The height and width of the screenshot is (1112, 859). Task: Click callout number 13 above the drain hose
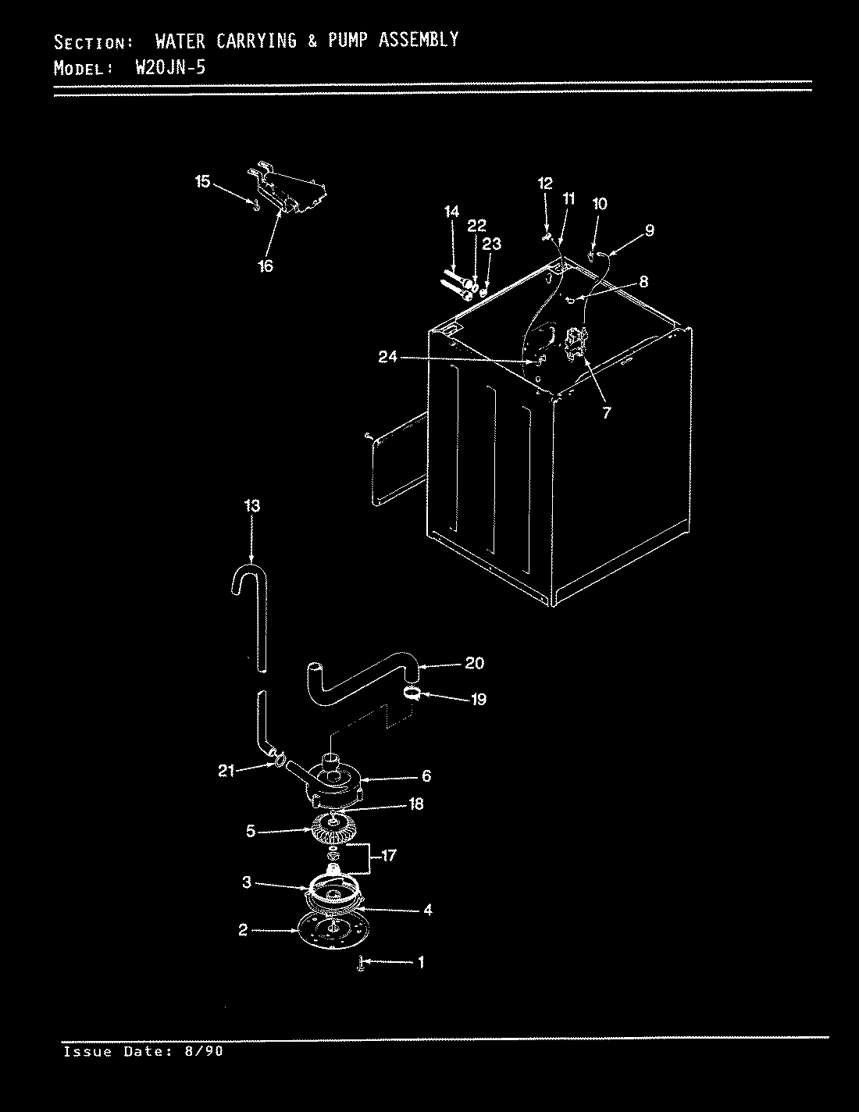(251, 506)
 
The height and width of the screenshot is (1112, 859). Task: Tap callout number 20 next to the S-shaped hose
(474, 663)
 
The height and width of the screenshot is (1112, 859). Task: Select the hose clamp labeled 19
(414, 693)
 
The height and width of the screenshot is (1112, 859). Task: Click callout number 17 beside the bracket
(388, 856)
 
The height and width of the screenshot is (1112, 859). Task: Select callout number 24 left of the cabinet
(388, 357)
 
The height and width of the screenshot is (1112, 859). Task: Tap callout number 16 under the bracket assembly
(266, 266)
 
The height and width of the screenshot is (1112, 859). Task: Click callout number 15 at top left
(202, 182)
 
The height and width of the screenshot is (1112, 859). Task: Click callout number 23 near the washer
(491, 244)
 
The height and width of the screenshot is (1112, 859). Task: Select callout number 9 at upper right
(650, 230)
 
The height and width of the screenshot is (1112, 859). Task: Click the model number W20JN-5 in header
(170, 66)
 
